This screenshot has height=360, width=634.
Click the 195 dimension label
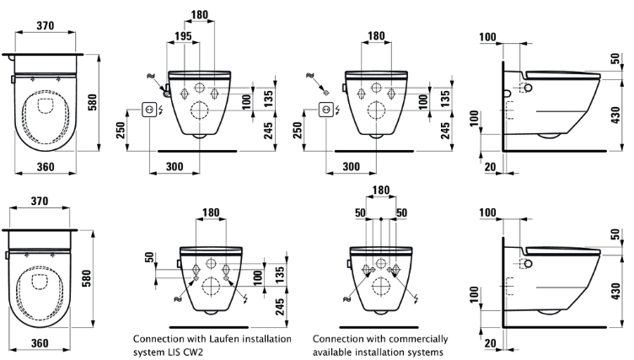183,36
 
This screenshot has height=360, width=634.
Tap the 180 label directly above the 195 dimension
199,14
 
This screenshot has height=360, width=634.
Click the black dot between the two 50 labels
381,219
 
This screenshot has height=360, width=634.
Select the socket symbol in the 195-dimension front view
148,110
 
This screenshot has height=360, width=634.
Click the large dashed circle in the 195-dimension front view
199,110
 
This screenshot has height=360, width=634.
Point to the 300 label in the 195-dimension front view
175,167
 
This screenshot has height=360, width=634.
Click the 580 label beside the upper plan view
93,103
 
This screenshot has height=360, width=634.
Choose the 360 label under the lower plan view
40,343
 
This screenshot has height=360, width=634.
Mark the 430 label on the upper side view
615,115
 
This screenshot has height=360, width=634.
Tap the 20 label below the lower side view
490,343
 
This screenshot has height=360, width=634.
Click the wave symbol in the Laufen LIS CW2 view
178,299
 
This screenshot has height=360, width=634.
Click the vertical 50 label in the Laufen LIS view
149,257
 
